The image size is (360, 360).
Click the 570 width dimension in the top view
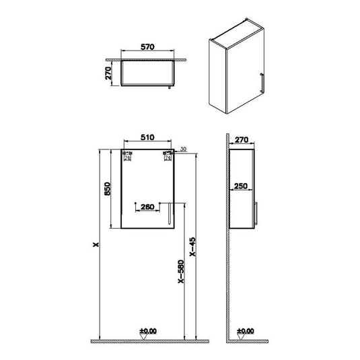[x=148, y=47]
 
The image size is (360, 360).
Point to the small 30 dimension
[x=182, y=150]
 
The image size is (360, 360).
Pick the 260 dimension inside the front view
[x=146, y=207]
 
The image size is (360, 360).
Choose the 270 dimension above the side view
[x=243, y=141]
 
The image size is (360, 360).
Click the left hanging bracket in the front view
[x=127, y=157]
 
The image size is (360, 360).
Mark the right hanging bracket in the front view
[x=168, y=157]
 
